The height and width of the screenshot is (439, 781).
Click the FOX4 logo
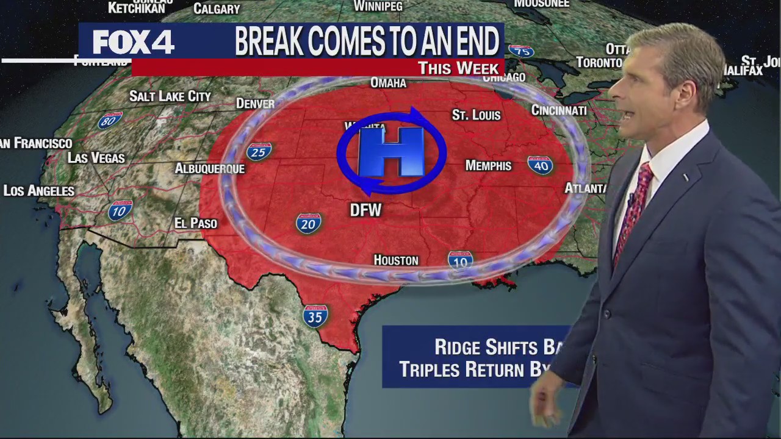click(133, 43)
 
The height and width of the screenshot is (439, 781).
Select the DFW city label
click(365, 210)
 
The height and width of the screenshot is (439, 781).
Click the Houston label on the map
click(396, 260)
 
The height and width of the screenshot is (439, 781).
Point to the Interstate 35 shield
click(315, 315)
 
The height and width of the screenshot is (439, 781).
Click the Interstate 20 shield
click(309, 223)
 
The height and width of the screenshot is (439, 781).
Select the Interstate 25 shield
click(259, 151)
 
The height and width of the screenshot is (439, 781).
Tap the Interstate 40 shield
click(540, 165)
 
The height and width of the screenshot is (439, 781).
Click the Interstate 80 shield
click(110, 120)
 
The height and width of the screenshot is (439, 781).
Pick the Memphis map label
click(488, 166)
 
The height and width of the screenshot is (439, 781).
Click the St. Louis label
click(476, 115)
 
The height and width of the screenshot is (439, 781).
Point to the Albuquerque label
click(209, 169)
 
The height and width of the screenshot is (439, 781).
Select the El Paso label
click(195, 224)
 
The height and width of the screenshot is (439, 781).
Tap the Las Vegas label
click(96, 159)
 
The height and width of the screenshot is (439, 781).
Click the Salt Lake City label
click(170, 96)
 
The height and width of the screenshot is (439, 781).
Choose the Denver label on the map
click(255, 104)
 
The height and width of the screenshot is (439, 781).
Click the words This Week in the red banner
click(458, 68)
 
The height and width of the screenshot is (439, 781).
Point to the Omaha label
click(388, 83)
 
